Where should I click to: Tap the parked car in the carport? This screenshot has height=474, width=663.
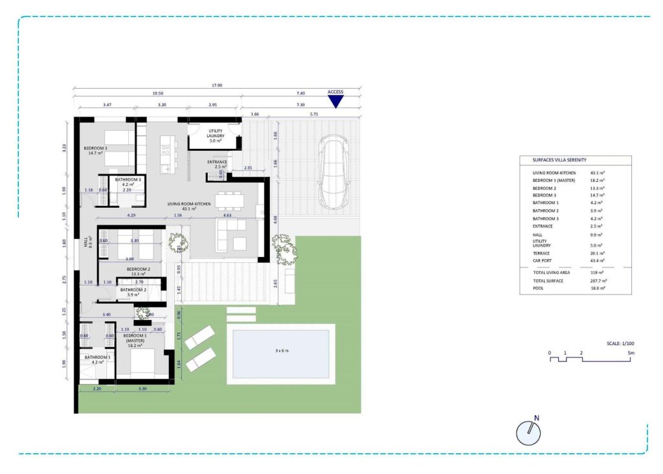(335, 173)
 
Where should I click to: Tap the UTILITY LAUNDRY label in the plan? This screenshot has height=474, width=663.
(215, 133)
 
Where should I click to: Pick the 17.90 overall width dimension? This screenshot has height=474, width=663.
(216, 85)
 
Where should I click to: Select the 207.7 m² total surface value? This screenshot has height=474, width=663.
(598, 281)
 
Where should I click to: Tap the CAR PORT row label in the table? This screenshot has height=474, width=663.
(543, 260)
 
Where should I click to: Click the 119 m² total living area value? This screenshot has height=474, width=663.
(596, 273)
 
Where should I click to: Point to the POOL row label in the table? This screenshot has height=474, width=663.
(538, 288)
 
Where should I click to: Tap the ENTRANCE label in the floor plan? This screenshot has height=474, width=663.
(216, 162)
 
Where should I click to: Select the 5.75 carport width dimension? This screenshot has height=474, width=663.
(314, 114)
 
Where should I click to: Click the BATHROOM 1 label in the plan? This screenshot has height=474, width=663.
(95, 357)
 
